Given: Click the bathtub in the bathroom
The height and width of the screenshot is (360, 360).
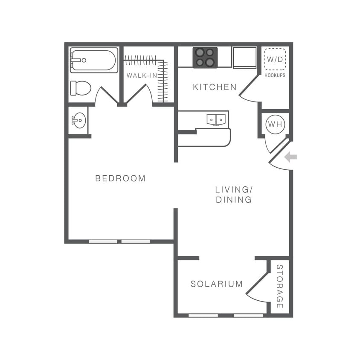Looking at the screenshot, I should click(x=94, y=60).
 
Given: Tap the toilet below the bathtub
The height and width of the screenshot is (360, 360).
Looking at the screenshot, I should click(x=81, y=88).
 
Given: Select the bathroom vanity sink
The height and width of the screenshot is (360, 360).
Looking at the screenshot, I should click(x=79, y=121).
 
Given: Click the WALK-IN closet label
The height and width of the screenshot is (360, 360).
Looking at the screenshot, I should click(x=141, y=75).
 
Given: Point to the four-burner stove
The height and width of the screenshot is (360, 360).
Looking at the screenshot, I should click(x=205, y=58).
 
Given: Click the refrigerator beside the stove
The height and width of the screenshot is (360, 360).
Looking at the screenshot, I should click(x=244, y=58).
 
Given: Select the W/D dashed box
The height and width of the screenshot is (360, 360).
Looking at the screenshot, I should click(x=274, y=60).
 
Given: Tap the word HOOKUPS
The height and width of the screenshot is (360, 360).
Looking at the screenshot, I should click(x=275, y=75).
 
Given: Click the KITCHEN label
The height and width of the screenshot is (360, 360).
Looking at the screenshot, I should click(x=215, y=87).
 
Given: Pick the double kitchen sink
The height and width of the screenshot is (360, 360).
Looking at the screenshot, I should click(x=217, y=120).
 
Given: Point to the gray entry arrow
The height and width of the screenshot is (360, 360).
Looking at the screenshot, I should click(x=290, y=157).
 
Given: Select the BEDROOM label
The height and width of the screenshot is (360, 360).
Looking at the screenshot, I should click(x=120, y=178).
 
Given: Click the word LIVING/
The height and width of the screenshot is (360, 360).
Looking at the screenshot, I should click(x=232, y=189).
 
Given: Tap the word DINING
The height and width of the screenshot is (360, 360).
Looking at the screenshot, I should click(x=233, y=200).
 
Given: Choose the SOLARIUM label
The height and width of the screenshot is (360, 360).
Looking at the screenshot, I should click(x=217, y=284).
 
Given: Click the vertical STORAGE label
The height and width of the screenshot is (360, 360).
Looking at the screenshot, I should click(x=280, y=286).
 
